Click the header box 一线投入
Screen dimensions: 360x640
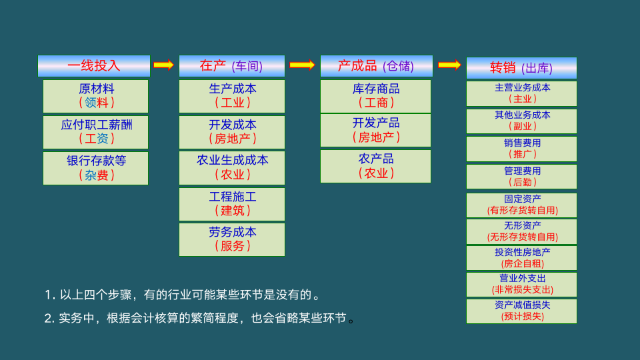pos(94,66)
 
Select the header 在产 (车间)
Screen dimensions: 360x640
pos(231,66)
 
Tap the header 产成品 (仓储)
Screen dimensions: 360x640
pos(376,66)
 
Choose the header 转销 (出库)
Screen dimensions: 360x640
pos(521,68)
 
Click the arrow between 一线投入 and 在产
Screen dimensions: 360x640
pos(164,65)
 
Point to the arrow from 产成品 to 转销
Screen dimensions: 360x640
pos(449,65)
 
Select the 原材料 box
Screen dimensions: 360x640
pos(95,96)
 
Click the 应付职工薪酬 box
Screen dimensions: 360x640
pos(95,132)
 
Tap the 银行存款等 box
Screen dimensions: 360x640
pos(95,168)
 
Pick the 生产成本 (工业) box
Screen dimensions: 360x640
pos(231,96)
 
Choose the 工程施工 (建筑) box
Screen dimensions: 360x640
pos(231,204)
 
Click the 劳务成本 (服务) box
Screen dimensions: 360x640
pos(231,239)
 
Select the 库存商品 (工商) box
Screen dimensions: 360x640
pos(375,96)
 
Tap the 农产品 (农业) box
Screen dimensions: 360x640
pos(375,166)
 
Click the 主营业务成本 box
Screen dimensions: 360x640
pos(521,93)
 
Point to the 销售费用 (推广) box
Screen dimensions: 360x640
pos(521,149)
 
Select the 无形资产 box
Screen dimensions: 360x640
pos(521,231)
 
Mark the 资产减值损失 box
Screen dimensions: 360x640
pos(521,311)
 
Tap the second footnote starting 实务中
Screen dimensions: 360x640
pos(200,318)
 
